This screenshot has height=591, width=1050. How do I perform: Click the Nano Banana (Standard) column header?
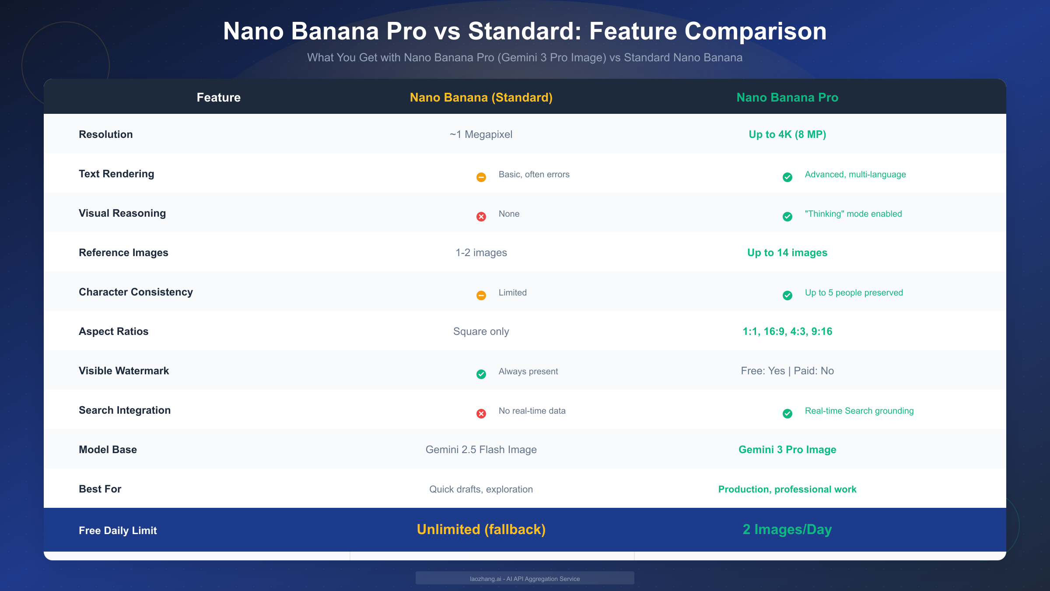(x=481, y=97)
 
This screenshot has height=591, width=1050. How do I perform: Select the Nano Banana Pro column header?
(x=787, y=97)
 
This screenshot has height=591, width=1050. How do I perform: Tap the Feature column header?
(x=218, y=97)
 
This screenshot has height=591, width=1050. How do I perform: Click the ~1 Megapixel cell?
(x=481, y=134)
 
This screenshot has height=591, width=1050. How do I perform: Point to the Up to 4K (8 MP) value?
(x=787, y=134)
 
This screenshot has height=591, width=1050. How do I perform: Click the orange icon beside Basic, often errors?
(x=481, y=177)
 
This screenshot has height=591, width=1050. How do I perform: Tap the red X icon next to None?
(x=481, y=217)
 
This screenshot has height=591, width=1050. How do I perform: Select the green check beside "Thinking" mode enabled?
(x=787, y=217)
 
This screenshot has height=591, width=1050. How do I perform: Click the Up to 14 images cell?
(x=787, y=253)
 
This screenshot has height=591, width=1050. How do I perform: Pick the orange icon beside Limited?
(x=481, y=295)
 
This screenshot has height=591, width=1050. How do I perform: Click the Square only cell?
(x=481, y=331)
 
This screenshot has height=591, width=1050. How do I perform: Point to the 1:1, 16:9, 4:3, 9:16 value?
(x=787, y=331)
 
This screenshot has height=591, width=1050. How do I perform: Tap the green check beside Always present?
(x=481, y=374)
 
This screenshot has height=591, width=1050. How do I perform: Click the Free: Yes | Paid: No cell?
(x=787, y=371)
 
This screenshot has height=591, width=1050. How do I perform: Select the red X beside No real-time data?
(x=481, y=414)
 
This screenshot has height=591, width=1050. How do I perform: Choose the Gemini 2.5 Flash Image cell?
(x=481, y=450)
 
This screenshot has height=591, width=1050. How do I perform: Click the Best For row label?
(x=100, y=489)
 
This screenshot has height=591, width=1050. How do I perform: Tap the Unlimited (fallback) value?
(x=481, y=530)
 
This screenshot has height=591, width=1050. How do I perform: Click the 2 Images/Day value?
(x=787, y=530)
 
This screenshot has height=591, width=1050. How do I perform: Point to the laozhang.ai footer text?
(x=525, y=579)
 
